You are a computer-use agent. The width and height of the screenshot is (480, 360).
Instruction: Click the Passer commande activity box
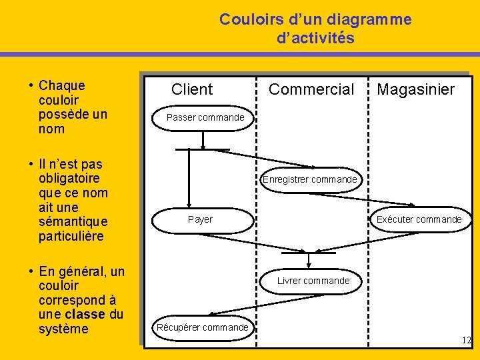(x=205, y=118)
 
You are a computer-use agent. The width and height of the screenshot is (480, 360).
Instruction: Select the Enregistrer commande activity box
(x=310, y=179)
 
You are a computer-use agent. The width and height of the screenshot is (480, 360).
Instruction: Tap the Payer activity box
(x=200, y=219)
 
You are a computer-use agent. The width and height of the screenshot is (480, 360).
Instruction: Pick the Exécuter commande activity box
(x=419, y=219)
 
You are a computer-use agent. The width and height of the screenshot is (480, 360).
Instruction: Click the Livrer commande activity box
(x=313, y=281)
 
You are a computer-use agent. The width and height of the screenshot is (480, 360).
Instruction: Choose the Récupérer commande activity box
(x=202, y=327)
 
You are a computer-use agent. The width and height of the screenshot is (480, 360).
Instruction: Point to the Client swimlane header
(x=192, y=89)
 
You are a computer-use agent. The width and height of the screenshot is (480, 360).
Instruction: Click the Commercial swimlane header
(x=311, y=89)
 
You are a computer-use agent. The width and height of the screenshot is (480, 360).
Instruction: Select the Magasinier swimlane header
(x=415, y=89)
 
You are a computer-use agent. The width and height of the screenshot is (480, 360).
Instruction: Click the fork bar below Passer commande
(x=203, y=149)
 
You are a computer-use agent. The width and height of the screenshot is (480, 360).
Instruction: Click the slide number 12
(x=466, y=341)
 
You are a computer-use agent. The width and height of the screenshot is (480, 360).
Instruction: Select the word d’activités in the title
(x=315, y=38)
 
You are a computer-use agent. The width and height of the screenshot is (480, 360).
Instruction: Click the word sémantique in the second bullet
(x=73, y=222)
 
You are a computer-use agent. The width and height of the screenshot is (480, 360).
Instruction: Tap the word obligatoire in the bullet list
(x=70, y=178)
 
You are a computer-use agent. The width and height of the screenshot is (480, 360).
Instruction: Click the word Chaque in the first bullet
(x=62, y=85)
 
